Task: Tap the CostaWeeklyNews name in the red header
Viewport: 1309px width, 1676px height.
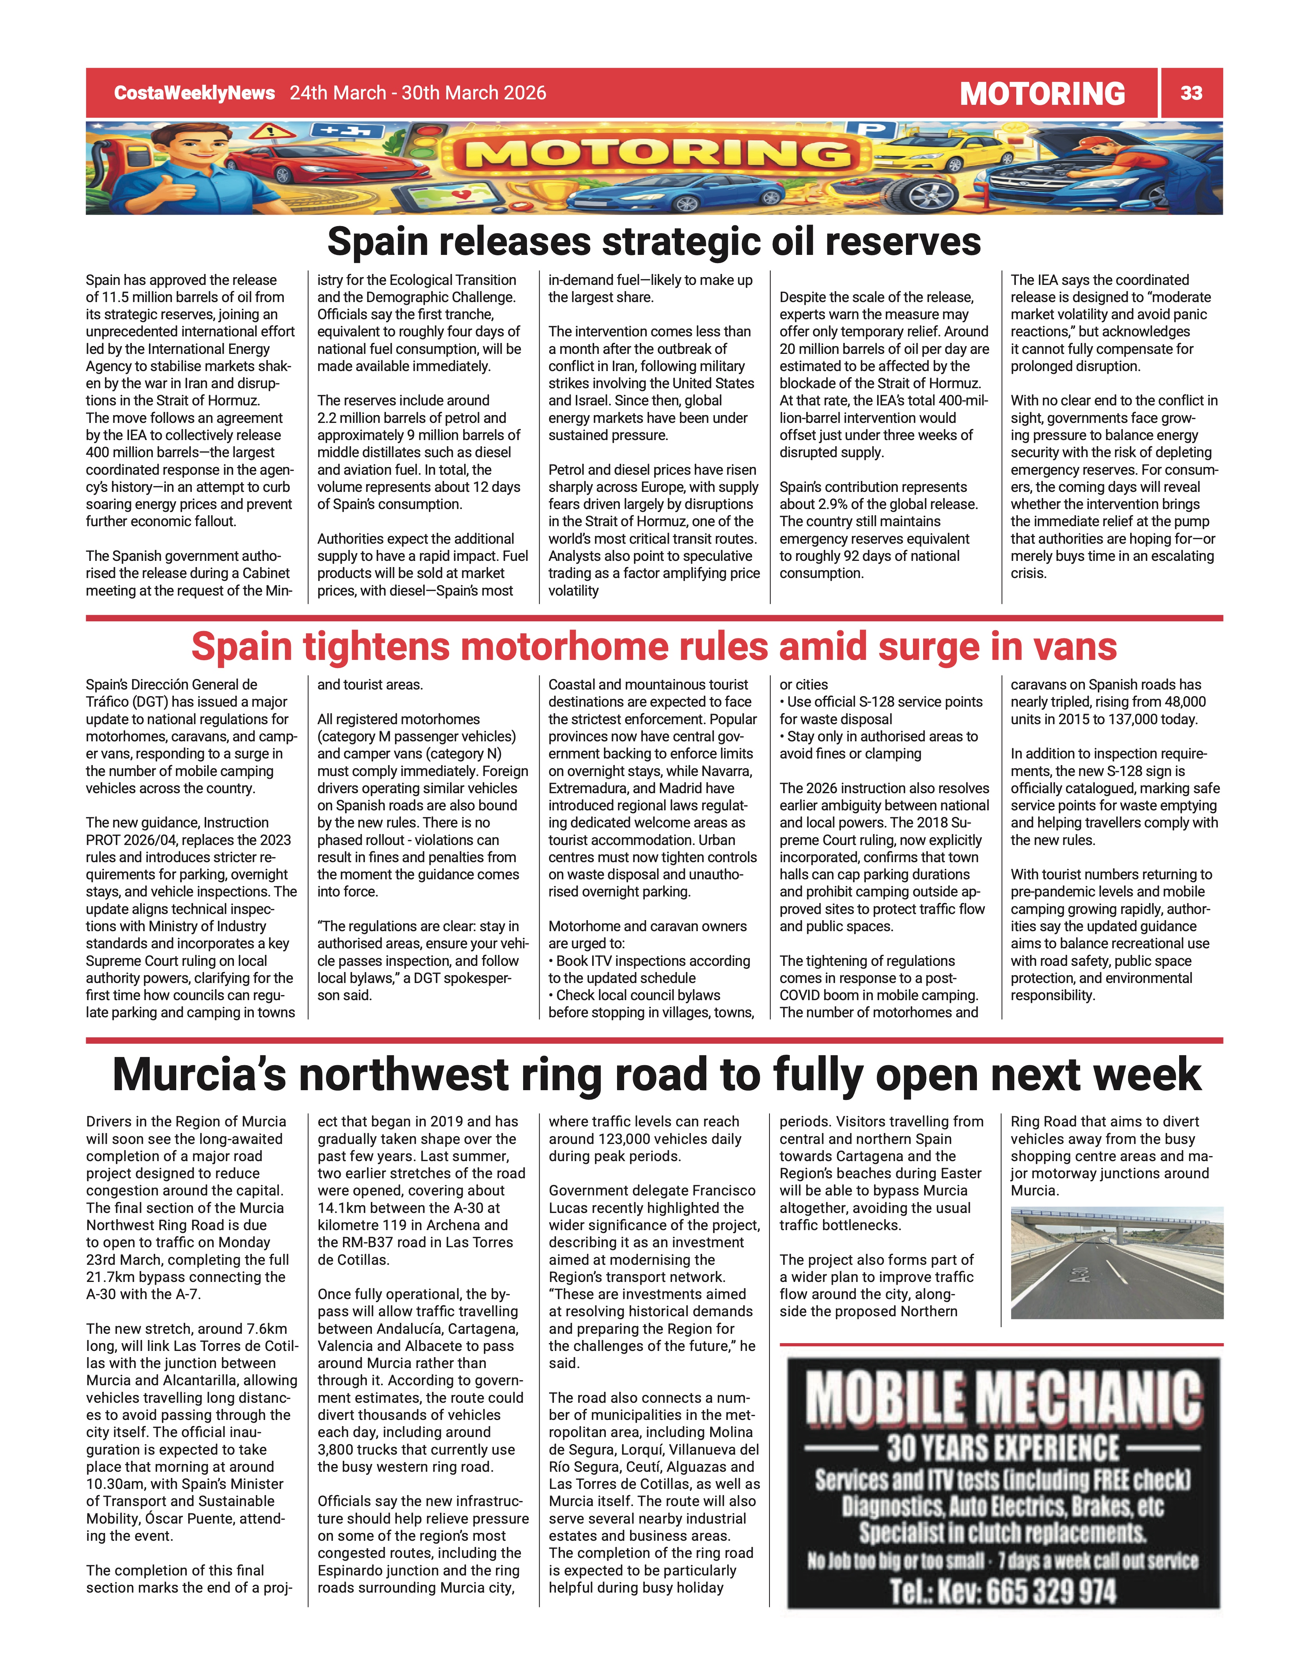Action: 194,93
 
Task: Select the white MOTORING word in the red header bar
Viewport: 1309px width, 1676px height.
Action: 1042,94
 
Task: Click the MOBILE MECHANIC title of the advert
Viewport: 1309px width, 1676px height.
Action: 1003,1398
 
